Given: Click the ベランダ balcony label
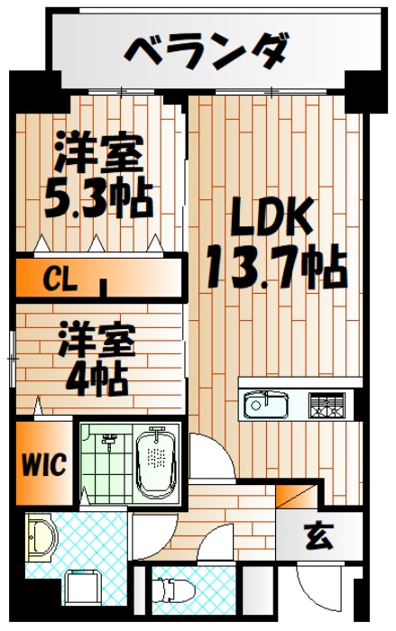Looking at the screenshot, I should coord(207,50).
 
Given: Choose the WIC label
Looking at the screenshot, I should coord(43,466).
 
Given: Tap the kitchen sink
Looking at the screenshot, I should coord(266,405).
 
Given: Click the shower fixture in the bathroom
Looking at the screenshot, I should coord(110,442).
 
